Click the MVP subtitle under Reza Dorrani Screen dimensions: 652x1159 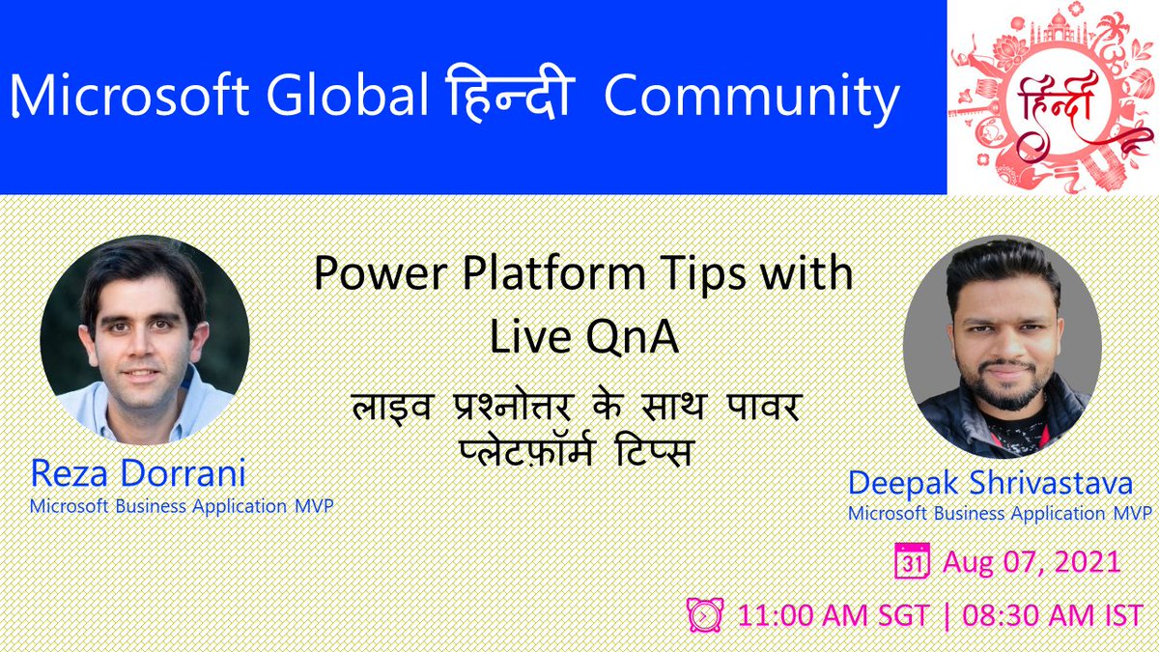182,505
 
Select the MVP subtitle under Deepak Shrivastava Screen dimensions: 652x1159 1000,513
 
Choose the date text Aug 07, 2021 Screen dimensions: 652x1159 1032,562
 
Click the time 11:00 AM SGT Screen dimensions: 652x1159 833,613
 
